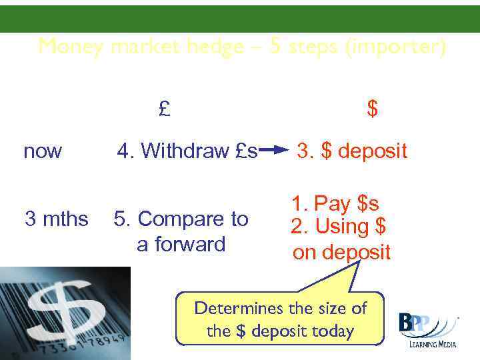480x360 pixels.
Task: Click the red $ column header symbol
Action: click(x=373, y=109)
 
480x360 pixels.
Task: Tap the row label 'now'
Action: click(x=43, y=152)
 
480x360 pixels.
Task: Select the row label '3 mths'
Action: click(x=56, y=219)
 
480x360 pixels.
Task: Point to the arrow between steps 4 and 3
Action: click(x=277, y=151)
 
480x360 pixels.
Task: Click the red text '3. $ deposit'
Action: click(x=351, y=151)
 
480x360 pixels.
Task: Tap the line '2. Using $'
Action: click(x=339, y=227)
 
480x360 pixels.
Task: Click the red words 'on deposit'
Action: click(x=342, y=253)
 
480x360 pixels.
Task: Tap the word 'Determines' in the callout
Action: click(x=237, y=309)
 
